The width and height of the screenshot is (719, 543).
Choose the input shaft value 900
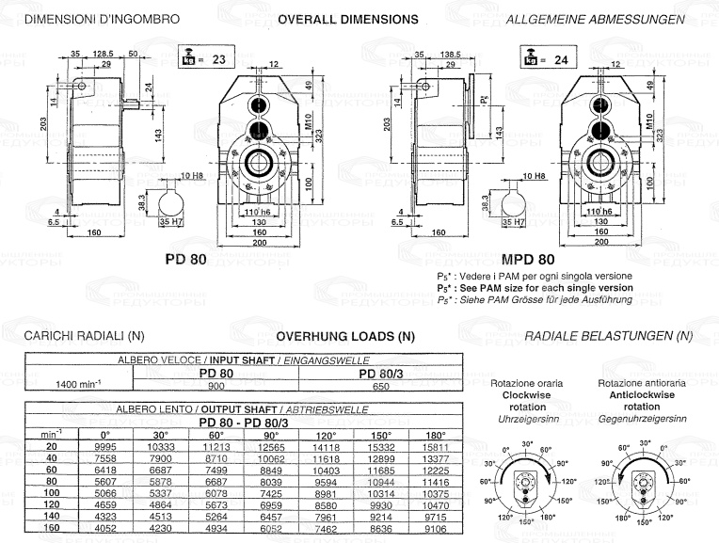click(x=216, y=385)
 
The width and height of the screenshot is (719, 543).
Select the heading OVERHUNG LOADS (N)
click(x=345, y=335)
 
